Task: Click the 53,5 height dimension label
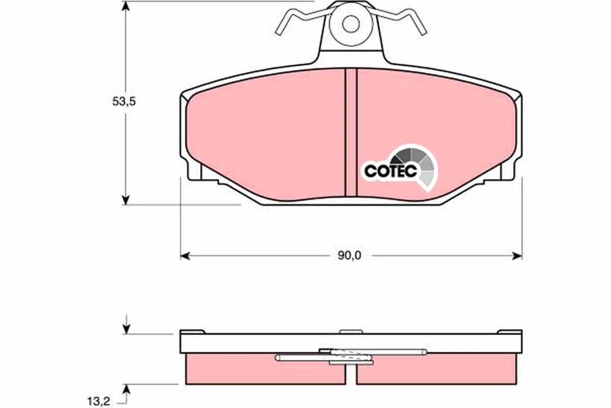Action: [124, 101]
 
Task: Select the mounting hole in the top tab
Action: [350, 23]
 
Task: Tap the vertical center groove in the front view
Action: [351, 133]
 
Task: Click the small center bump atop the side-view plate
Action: [351, 331]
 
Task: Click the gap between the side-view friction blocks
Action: [351, 375]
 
